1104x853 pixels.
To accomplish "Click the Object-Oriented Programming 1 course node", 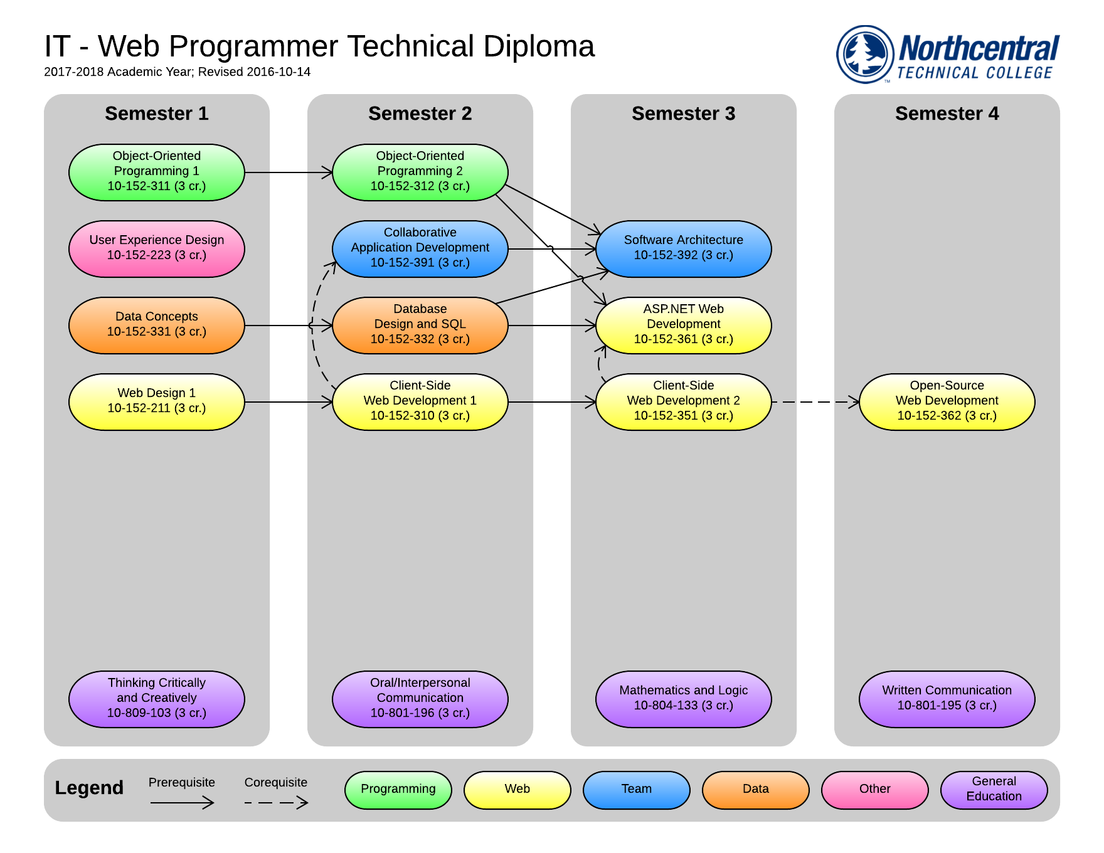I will click(x=156, y=172).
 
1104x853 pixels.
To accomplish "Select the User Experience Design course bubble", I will click(x=156, y=248).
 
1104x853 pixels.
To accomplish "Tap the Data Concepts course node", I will click(x=156, y=325).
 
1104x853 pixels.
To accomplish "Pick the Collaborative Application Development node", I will click(x=420, y=248).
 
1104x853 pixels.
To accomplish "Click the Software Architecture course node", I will click(x=683, y=248).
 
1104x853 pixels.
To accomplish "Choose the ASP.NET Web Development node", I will click(x=683, y=325).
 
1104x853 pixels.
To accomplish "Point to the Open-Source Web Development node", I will click(x=947, y=401).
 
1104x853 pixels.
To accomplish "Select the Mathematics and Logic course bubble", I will click(x=683, y=699).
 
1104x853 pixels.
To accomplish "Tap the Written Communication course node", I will click(x=947, y=699).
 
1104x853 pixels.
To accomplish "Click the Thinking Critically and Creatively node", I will click(x=156, y=699).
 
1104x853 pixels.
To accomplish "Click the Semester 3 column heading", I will click(x=683, y=114).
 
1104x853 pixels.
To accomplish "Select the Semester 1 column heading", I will click(x=156, y=114).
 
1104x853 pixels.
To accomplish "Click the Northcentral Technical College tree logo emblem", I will click(x=865, y=54).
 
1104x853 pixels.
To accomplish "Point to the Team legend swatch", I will click(x=636, y=790).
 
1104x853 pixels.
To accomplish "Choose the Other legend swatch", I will click(x=874, y=790).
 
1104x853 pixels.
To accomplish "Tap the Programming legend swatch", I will click(x=398, y=790).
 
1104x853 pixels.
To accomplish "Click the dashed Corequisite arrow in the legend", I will click(x=276, y=802).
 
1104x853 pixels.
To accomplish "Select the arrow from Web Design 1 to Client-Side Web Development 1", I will click(x=288, y=402).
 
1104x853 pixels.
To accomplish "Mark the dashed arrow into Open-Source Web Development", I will click(x=815, y=402).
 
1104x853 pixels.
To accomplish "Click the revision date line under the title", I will click(x=177, y=72).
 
